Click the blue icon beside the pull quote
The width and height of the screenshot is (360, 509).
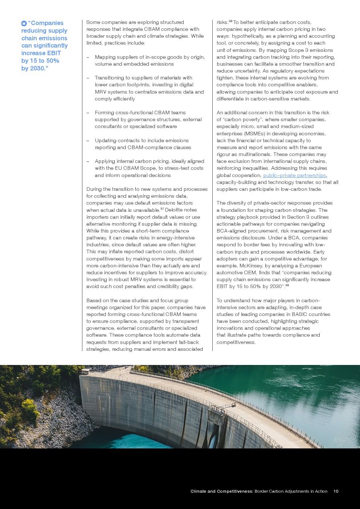click(24, 23)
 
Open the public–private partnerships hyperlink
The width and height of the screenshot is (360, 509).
click(294, 175)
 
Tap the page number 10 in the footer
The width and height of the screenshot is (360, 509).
click(336, 491)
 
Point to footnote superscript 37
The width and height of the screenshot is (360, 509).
click(162, 209)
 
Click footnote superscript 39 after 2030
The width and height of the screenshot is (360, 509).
click(287, 286)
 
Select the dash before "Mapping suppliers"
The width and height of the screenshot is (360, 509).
click(88, 57)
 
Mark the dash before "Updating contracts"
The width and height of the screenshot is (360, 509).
click(88, 141)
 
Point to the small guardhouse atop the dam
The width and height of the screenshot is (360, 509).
click(85, 371)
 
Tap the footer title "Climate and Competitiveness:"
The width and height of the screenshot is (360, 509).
click(221, 491)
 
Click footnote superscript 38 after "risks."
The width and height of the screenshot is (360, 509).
click(230, 21)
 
